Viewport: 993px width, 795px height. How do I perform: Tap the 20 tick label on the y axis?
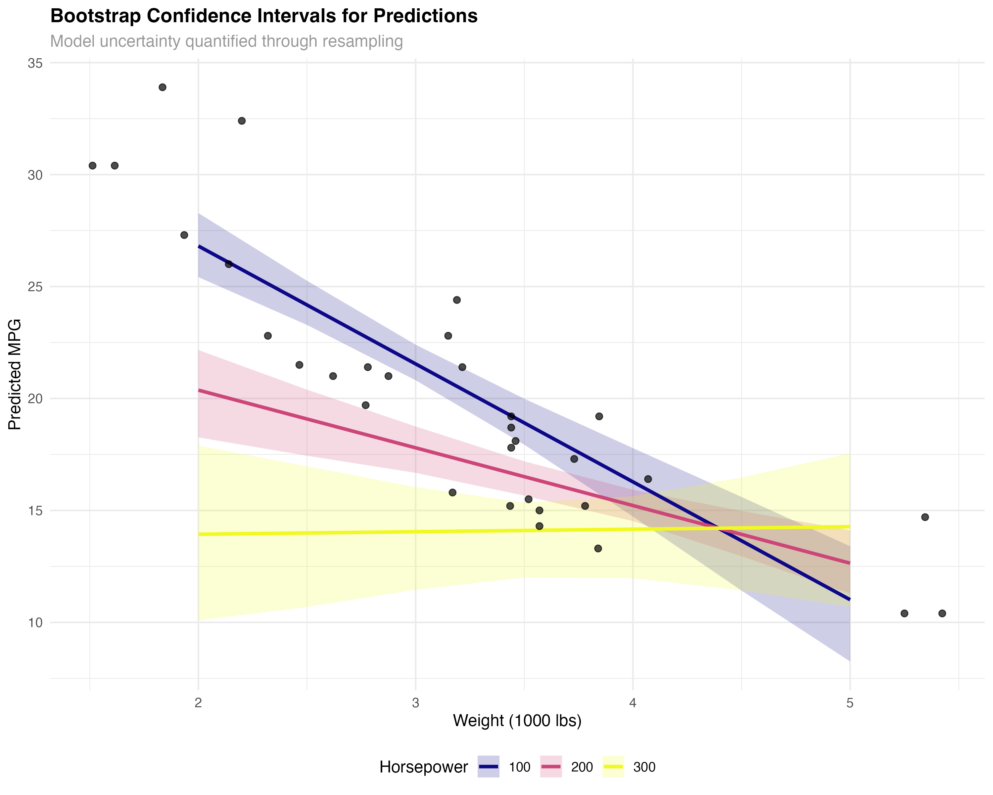(35, 398)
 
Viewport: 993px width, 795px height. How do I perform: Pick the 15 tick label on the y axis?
(35, 511)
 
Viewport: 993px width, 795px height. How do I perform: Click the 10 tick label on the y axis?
(35, 623)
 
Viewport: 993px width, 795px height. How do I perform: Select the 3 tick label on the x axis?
(415, 703)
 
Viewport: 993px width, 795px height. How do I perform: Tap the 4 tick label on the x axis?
(633, 703)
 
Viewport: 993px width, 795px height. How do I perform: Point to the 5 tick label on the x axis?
(850, 703)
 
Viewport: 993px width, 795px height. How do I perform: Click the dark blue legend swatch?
(488, 767)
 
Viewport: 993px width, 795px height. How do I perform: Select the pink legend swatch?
(551, 767)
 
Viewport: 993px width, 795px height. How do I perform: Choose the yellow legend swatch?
(613, 767)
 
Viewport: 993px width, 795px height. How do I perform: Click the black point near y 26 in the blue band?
(228, 264)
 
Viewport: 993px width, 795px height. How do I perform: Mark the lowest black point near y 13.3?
(598, 549)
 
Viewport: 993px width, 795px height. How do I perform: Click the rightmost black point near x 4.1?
(648, 479)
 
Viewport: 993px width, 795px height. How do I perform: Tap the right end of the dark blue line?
(849, 600)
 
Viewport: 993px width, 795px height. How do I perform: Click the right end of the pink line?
(849, 563)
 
